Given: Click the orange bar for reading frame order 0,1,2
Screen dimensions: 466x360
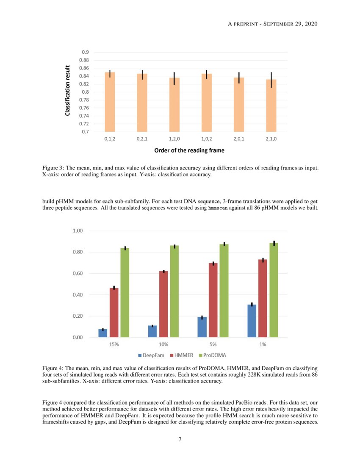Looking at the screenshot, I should (x=110, y=102).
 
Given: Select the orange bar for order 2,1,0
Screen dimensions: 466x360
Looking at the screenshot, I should (x=271, y=105).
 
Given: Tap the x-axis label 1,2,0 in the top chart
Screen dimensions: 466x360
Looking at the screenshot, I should (x=174, y=139).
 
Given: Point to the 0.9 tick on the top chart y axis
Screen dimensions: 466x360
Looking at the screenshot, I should (x=85, y=52).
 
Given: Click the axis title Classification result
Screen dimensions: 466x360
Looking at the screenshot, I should (x=67, y=91).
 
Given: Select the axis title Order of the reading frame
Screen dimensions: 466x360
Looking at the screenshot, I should (x=189, y=150).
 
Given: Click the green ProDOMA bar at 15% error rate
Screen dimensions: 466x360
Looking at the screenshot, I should (x=125, y=292).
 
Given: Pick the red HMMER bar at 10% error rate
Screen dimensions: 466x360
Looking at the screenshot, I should (x=163, y=304).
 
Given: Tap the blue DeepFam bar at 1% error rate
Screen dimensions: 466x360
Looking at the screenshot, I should (x=252, y=321).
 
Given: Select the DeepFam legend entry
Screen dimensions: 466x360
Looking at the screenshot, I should (x=151, y=355).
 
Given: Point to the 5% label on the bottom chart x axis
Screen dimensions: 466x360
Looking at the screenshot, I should (x=213, y=344).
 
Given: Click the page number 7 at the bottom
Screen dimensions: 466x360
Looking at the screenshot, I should (x=180, y=439).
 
